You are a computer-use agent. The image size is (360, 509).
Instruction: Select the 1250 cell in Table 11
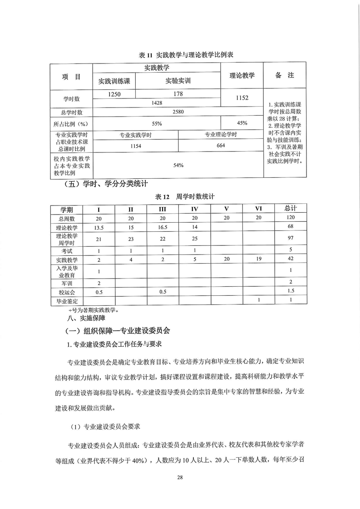tap(113, 94)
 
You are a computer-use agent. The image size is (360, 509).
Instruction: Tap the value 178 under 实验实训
tap(178, 94)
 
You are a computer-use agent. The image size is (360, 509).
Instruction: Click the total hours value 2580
tap(178, 112)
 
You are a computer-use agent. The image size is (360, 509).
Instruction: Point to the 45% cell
tap(242, 123)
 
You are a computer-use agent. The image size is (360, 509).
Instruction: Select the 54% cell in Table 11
tap(178, 166)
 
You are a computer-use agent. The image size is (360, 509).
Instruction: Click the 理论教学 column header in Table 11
tap(242, 75)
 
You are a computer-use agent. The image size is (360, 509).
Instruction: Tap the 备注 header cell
tap(284, 75)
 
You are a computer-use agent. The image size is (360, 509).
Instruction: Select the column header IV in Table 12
tap(195, 209)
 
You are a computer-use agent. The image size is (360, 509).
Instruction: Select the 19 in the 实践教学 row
tap(258, 259)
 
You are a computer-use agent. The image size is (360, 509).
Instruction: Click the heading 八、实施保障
tap(79, 319)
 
